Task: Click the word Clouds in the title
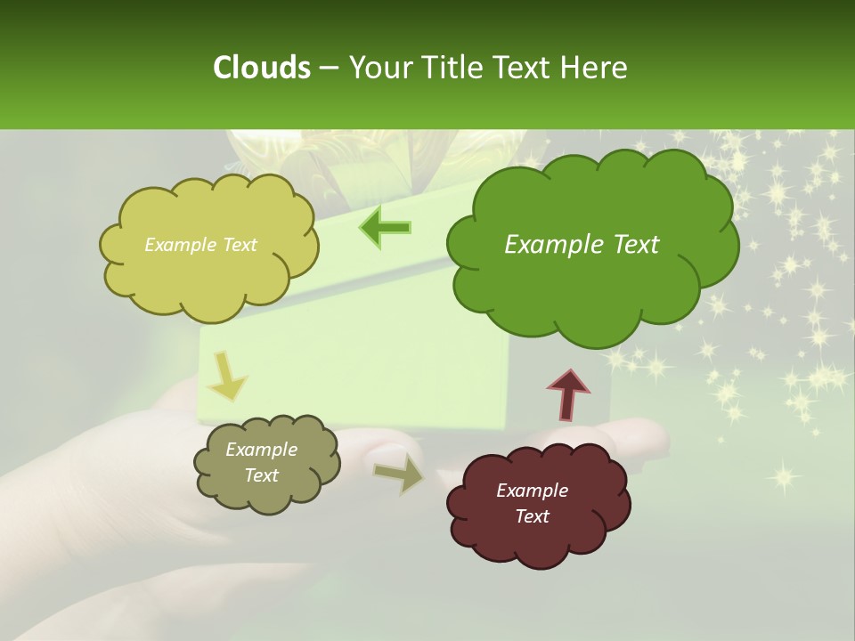pos(261,68)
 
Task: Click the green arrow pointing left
pos(386,228)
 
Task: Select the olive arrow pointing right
pos(399,473)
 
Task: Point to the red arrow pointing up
pos(567,394)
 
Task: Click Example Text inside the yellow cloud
pos(200,245)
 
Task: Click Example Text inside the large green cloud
pos(582,245)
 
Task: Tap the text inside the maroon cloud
pos(532,503)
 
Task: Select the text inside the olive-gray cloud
pos(261,462)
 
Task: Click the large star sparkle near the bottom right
pos(784,476)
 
